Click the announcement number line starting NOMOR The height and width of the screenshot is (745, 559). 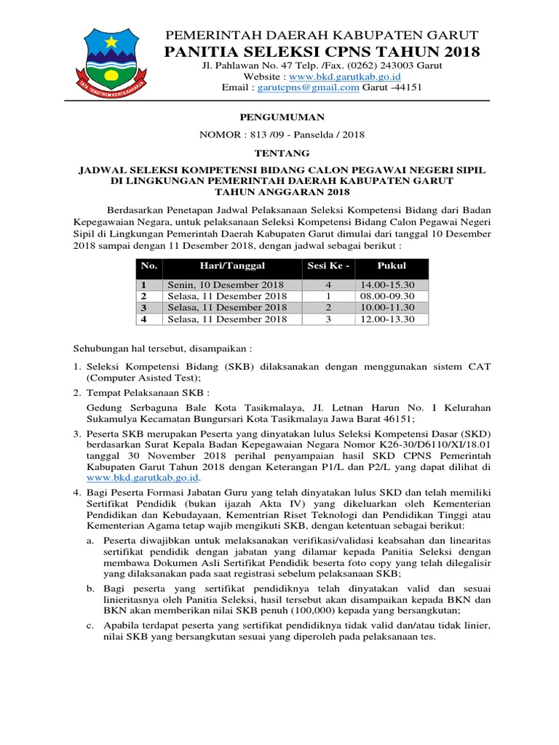pyautogui.click(x=282, y=135)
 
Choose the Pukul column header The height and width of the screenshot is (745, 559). pyautogui.click(x=392, y=266)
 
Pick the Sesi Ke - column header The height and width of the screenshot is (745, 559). pyautogui.click(x=328, y=266)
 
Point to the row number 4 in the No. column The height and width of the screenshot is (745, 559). pyautogui.click(x=144, y=319)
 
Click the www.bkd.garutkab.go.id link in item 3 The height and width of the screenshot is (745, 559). pyautogui.click(x=143, y=477)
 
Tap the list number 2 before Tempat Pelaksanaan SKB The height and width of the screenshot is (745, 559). pyautogui.click(x=76, y=392)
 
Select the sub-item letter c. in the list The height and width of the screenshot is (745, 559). pyautogui.click(x=90, y=626)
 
